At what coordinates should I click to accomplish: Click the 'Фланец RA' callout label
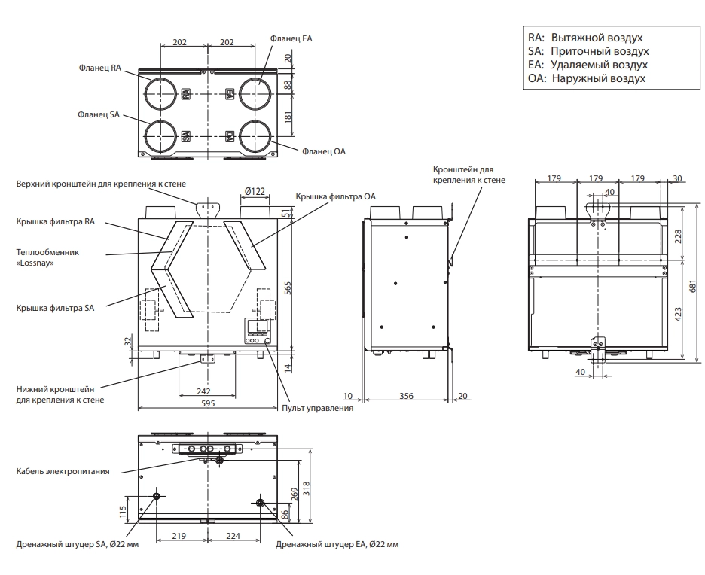point(100,68)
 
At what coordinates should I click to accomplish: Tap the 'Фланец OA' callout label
point(324,151)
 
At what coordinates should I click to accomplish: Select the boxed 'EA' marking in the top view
point(229,94)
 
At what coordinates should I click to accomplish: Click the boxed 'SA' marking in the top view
point(186,136)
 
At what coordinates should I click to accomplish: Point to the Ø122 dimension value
point(255,191)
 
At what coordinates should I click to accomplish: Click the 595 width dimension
point(208,403)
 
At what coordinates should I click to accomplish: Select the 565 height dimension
point(288,288)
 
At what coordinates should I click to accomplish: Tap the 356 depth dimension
point(406,396)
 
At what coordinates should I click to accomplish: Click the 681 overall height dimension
point(692,287)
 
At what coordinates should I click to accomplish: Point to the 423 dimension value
point(678,314)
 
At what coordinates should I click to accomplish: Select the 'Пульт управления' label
point(317,409)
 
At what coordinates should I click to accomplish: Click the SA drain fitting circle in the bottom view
point(157,497)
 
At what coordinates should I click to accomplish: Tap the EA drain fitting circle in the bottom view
point(261,502)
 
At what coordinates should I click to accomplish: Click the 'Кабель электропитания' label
point(63,471)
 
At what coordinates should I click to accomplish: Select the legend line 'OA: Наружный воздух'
point(587,78)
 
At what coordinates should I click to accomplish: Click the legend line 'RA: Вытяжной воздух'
point(585,38)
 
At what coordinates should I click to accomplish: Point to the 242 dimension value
point(203,391)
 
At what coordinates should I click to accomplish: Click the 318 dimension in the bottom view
point(307,488)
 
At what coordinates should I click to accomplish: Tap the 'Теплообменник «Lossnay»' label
point(47,257)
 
